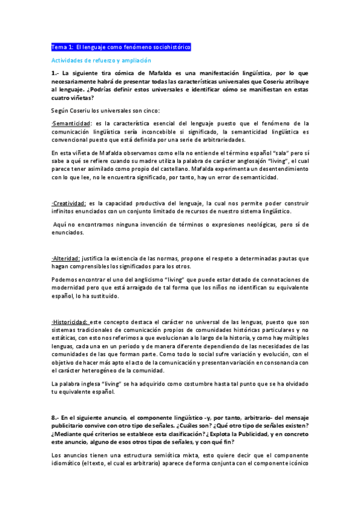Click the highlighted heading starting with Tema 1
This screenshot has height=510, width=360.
tap(121, 46)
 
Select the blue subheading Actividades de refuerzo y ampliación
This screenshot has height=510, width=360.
tap(100, 61)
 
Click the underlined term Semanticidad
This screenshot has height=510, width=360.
tap(70, 123)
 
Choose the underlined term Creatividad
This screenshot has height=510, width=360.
tap(69, 203)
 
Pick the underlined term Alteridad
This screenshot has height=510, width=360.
tap(66, 258)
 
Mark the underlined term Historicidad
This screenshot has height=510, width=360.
tap(70, 322)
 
